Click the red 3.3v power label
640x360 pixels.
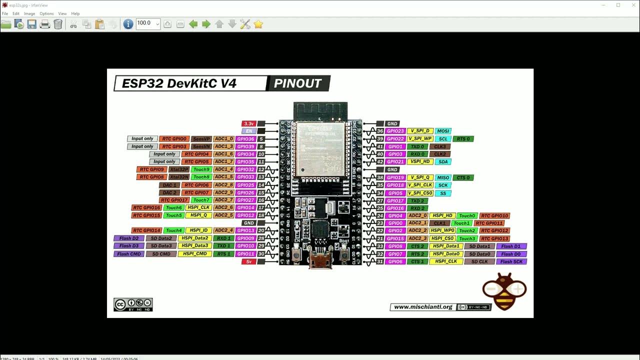(x=248, y=123)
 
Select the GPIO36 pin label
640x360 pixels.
(x=245, y=139)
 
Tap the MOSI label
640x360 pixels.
(x=443, y=131)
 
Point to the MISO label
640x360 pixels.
(x=443, y=177)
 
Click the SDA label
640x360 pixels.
(x=443, y=162)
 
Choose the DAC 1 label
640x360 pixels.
(x=169, y=185)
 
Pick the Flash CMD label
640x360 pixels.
(x=129, y=254)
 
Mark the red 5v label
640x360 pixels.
(x=248, y=261)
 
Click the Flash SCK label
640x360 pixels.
(x=511, y=261)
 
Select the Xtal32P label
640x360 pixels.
(x=179, y=169)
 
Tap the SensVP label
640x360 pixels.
(x=201, y=139)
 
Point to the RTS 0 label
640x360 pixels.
(x=463, y=139)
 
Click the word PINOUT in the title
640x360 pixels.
(x=298, y=83)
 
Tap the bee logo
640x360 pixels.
(x=504, y=291)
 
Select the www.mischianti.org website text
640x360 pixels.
(x=422, y=307)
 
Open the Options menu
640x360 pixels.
(x=46, y=13)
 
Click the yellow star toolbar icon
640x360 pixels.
(x=258, y=24)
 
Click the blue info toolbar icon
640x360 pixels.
(x=128, y=24)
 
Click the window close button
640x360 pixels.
(x=632, y=5)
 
